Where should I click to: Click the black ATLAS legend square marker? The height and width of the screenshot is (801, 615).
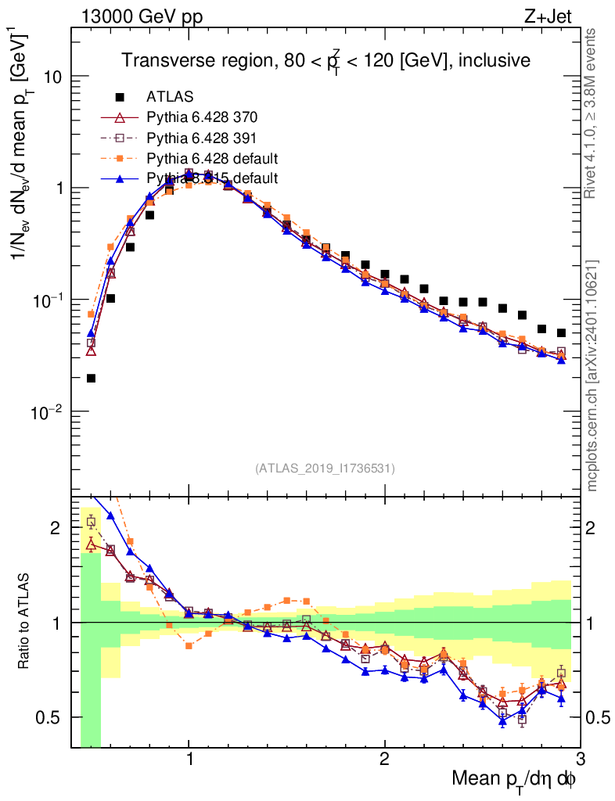120,97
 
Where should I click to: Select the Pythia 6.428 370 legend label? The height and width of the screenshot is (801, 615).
202,118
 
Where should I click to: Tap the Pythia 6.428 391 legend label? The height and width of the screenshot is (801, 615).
202,138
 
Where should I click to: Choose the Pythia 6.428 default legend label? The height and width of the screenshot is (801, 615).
211,159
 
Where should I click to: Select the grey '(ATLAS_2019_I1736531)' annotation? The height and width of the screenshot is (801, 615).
325,469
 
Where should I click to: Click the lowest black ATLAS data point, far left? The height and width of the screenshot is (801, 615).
91,379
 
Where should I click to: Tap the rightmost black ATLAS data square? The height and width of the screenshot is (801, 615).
561,333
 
